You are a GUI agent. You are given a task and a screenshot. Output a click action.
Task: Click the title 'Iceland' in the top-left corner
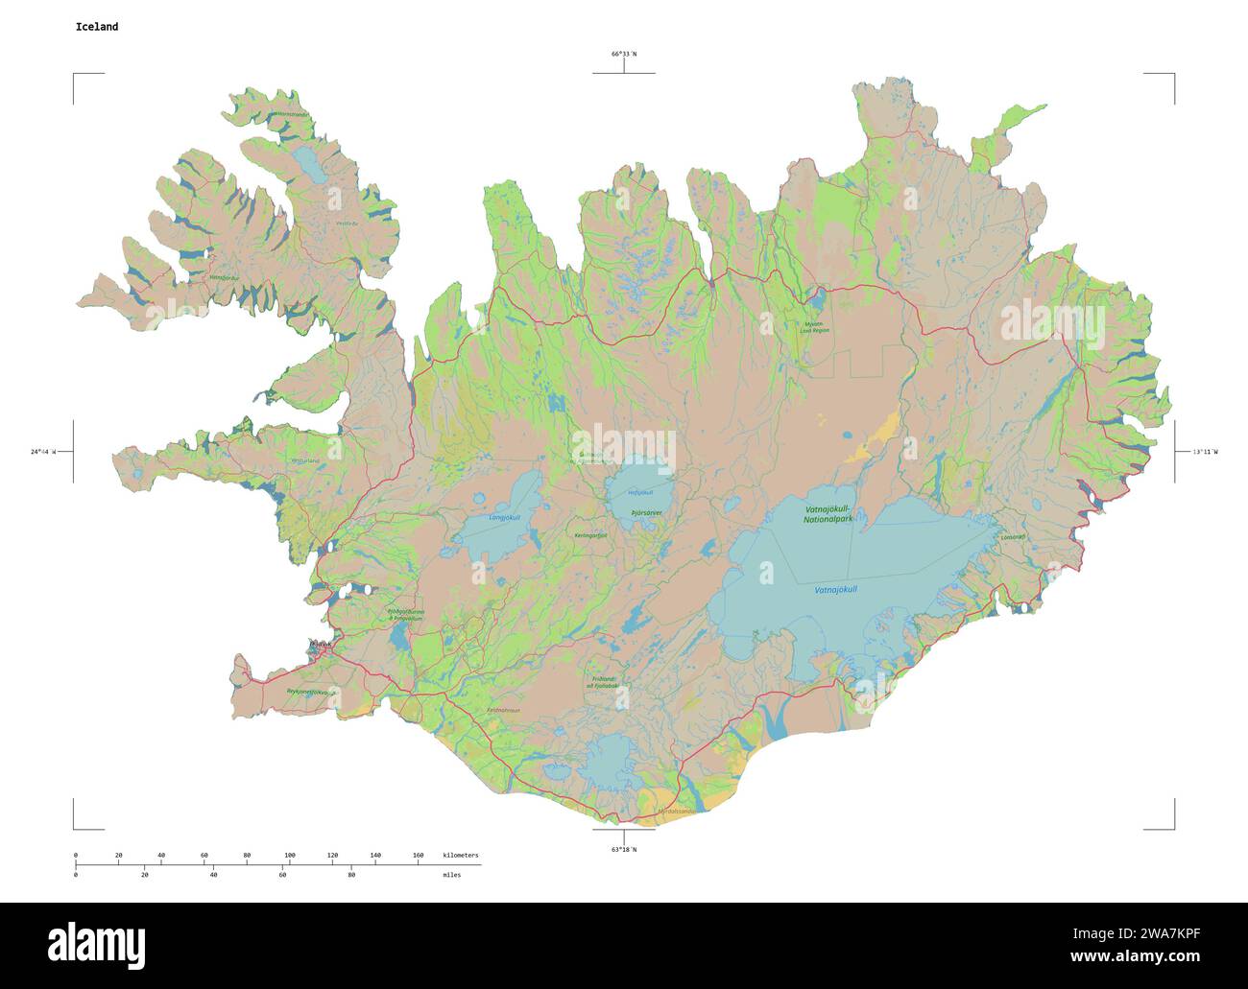pos(97,27)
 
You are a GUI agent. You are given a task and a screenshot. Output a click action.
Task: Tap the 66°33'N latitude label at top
pos(623,54)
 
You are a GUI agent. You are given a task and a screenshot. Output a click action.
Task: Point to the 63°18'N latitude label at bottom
pos(623,849)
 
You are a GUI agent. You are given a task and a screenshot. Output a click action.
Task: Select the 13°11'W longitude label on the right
pos(1205,451)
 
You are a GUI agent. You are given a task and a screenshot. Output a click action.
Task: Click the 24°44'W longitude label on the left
pos(42,451)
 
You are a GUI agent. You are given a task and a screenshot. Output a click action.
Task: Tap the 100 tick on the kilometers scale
pos(289,855)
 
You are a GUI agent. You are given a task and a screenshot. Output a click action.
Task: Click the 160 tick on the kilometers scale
pos(418,855)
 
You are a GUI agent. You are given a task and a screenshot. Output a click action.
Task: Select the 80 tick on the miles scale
pos(351,875)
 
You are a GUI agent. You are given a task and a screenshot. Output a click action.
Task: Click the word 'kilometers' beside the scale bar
pos(460,855)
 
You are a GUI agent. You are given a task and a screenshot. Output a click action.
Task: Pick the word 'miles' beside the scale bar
pos(451,875)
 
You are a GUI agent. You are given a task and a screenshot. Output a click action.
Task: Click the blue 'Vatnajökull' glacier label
pos(835,588)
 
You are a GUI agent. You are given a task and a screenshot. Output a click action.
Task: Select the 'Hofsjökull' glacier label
pos(639,493)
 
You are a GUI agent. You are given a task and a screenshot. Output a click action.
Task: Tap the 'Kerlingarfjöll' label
pos(590,535)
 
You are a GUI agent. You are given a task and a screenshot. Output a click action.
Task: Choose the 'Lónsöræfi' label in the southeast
pos(1012,537)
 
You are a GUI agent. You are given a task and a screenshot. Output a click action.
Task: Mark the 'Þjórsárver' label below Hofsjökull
pos(646,513)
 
